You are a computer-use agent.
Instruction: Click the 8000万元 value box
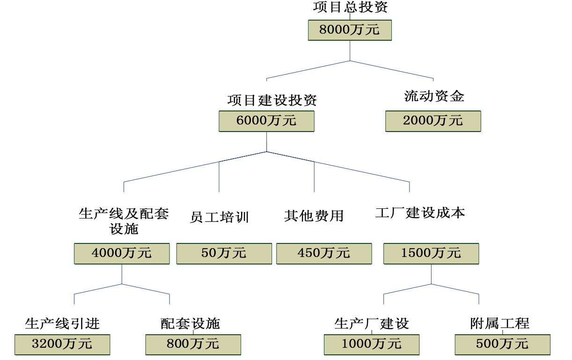click(350, 30)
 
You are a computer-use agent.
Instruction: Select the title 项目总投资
click(350, 7)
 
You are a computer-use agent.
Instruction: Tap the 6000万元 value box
click(266, 121)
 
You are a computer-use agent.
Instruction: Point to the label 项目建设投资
click(272, 100)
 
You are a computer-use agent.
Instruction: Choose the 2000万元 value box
click(433, 121)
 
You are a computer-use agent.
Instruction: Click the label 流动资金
click(434, 96)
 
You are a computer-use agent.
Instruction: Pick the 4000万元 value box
click(122, 253)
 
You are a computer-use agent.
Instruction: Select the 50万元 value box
click(224, 253)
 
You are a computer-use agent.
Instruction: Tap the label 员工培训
click(220, 217)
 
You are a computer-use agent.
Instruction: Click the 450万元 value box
click(324, 253)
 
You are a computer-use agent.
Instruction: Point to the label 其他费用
click(314, 216)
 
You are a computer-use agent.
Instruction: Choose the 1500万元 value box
click(431, 253)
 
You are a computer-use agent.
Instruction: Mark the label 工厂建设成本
click(420, 213)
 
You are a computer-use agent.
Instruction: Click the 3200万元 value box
click(62, 345)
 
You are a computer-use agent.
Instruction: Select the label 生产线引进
click(62, 323)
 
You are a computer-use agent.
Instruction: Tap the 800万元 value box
click(193, 345)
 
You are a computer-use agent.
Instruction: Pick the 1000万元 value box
click(372, 345)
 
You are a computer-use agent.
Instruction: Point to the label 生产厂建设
click(372, 323)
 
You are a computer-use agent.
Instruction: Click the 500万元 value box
click(502, 345)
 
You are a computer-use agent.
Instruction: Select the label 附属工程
click(499, 323)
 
